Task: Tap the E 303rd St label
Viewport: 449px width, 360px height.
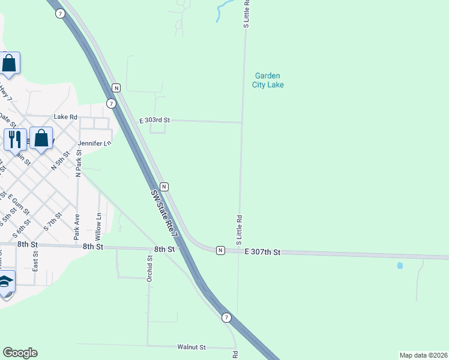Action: coord(154,121)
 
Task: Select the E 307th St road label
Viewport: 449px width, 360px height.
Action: coord(262,253)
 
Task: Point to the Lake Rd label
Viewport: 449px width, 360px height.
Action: coord(65,117)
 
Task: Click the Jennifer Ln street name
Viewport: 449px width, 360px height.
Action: coord(95,144)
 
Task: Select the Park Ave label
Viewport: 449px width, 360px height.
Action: coord(76,227)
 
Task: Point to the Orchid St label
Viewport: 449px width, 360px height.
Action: coord(150,268)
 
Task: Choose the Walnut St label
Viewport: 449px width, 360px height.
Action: coord(191,347)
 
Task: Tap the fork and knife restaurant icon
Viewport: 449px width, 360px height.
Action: coord(14,139)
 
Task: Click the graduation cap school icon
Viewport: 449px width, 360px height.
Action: coord(5,282)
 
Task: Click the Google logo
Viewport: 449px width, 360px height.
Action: coord(20,353)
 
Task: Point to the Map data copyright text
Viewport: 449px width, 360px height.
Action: coord(424,355)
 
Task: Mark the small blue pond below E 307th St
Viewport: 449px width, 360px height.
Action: coord(400,265)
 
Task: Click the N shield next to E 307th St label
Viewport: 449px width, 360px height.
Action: coord(220,250)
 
